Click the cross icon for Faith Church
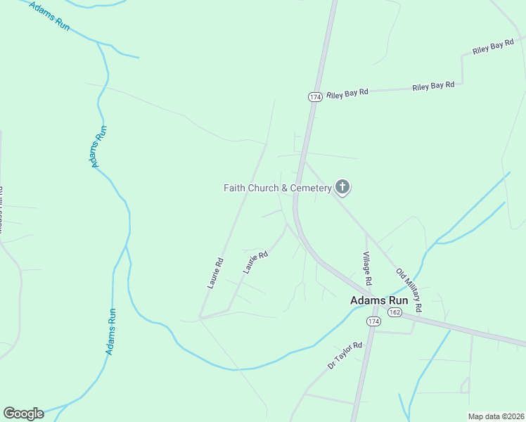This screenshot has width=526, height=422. click(x=342, y=187)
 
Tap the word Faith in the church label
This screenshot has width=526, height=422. click(x=235, y=188)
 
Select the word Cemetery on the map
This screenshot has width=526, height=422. click(x=310, y=188)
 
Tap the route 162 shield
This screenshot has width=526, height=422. click(x=394, y=312)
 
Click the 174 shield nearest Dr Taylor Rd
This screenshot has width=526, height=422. click(x=373, y=321)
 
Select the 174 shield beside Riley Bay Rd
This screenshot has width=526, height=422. click(x=314, y=96)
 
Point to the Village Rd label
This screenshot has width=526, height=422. click(x=367, y=268)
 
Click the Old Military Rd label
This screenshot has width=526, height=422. click(x=409, y=290)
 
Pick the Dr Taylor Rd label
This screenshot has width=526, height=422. click(x=345, y=355)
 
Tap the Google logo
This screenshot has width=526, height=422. click(x=23, y=414)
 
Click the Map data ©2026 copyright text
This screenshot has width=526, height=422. click(x=496, y=416)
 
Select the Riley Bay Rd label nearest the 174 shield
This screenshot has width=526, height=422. click(x=347, y=94)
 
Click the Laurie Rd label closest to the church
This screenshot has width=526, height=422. click(x=256, y=262)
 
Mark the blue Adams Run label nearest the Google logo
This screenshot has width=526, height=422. click(x=110, y=331)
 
